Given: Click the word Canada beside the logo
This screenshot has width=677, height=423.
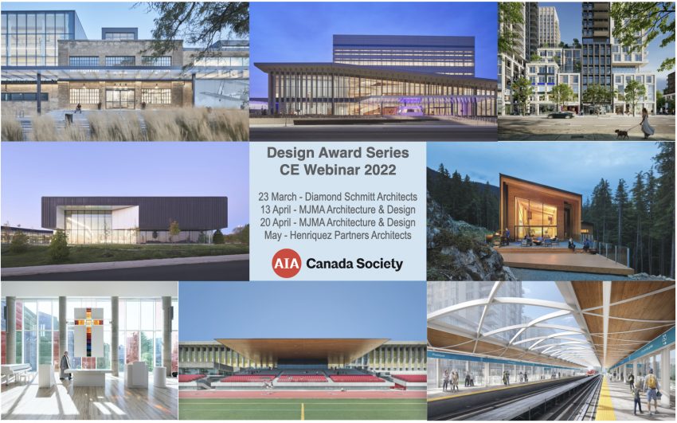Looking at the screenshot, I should [x=334, y=264].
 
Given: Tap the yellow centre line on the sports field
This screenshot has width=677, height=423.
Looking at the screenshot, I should [x=302, y=410].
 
